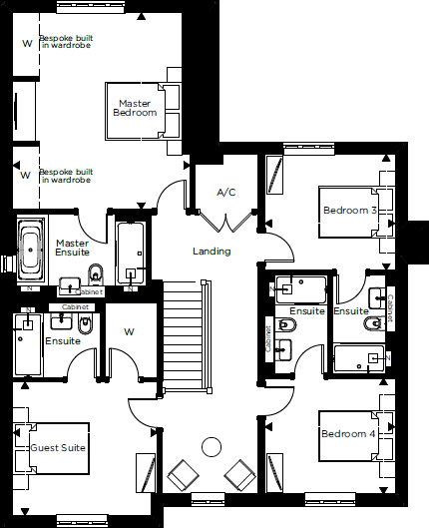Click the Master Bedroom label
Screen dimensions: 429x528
point(135,108)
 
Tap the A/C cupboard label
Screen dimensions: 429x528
point(226,193)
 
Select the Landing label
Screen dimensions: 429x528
point(212,252)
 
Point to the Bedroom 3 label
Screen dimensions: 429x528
point(349,211)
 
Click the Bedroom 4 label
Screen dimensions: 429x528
point(348,434)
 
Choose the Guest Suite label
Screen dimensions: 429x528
point(58,448)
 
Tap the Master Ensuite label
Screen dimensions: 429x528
point(73,248)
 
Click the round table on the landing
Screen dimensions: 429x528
point(212,447)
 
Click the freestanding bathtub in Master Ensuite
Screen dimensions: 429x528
point(31,250)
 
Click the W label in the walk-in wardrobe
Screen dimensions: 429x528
point(130,332)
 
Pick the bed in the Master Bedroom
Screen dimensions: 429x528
point(143,111)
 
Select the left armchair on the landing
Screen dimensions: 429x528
point(183,475)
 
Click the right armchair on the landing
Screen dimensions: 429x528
point(240,475)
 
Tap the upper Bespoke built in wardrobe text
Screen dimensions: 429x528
point(66,42)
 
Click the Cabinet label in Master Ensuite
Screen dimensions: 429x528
point(89,292)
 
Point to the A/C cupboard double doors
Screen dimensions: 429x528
point(226,222)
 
